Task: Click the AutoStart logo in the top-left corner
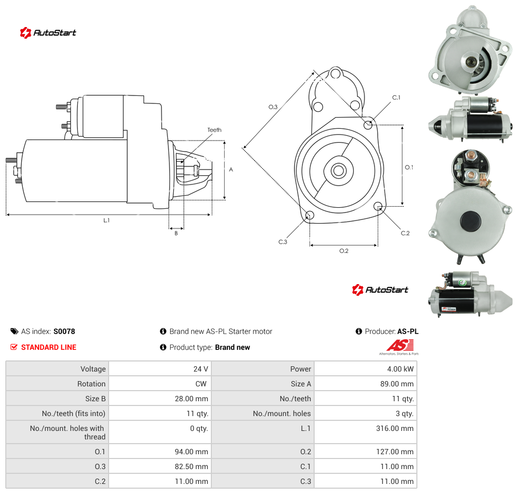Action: click(48, 33)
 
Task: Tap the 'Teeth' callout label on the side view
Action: click(215, 130)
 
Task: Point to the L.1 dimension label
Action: click(106, 220)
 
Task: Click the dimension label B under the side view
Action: click(176, 233)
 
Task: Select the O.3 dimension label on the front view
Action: click(273, 107)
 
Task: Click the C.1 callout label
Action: click(396, 98)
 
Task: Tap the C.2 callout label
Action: click(405, 233)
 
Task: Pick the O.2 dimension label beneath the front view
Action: click(344, 251)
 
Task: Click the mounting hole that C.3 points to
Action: click(309, 216)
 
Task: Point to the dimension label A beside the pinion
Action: click(231, 170)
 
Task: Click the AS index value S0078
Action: click(64, 331)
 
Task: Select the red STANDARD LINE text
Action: click(49, 347)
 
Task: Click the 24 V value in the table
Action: click(201, 369)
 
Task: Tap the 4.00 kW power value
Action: click(400, 369)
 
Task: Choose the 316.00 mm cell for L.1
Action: click(395, 428)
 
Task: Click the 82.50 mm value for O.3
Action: click(192, 466)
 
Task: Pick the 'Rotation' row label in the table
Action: click(91, 384)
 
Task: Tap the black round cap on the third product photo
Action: click(470, 222)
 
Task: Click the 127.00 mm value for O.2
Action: click(395, 452)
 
